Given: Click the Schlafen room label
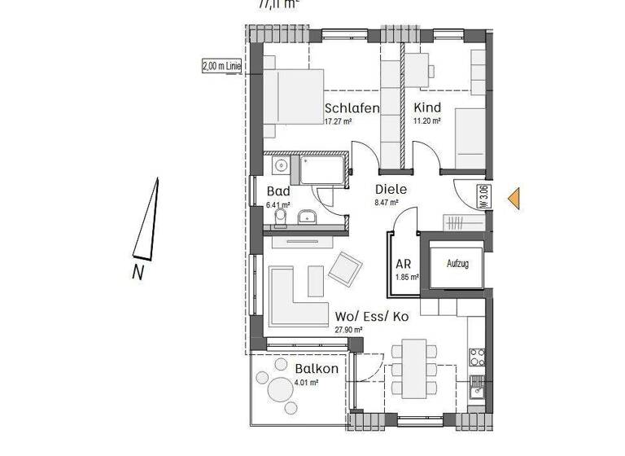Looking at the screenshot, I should click(x=352, y=108).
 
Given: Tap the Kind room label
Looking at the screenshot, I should click(x=427, y=108).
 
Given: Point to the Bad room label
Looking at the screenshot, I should click(x=278, y=191).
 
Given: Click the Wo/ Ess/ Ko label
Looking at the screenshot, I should click(x=371, y=316).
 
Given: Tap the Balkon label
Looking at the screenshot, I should click(x=317, y=369).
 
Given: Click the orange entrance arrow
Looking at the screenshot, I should click(x=513, y=198).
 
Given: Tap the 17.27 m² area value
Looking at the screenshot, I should click(x=338, y=121).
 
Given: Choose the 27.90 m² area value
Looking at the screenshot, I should click(x=348, y=329).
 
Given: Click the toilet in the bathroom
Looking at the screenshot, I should click(x=281, y=218).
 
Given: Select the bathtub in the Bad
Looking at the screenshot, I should click(x=322, y=171).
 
